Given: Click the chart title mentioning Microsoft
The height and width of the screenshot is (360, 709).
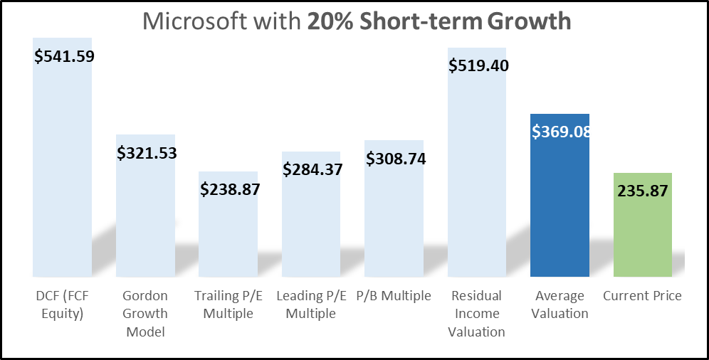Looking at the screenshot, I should coord(357,21).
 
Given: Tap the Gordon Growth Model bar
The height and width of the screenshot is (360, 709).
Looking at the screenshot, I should coord(145,213).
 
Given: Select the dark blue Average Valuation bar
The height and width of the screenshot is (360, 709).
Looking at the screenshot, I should coord(560,206).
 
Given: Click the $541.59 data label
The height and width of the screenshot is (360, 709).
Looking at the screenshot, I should coord(65,55).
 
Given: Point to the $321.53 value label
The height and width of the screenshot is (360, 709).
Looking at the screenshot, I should coord(147,152).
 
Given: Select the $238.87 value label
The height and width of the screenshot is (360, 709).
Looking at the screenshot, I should coord(230,189).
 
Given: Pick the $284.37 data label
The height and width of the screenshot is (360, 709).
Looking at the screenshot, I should coord(313,169).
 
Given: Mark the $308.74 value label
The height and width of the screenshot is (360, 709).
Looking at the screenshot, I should coord(396,158).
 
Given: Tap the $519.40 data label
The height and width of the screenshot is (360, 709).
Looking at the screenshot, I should coord(478,65).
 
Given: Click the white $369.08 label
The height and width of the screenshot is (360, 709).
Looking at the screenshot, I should coord(562,131).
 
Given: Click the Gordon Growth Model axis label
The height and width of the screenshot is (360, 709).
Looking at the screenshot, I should coord(145,313).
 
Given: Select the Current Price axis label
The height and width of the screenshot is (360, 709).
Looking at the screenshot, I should coord(643,295).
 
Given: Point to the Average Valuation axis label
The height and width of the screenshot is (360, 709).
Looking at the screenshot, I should coord(560,305).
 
